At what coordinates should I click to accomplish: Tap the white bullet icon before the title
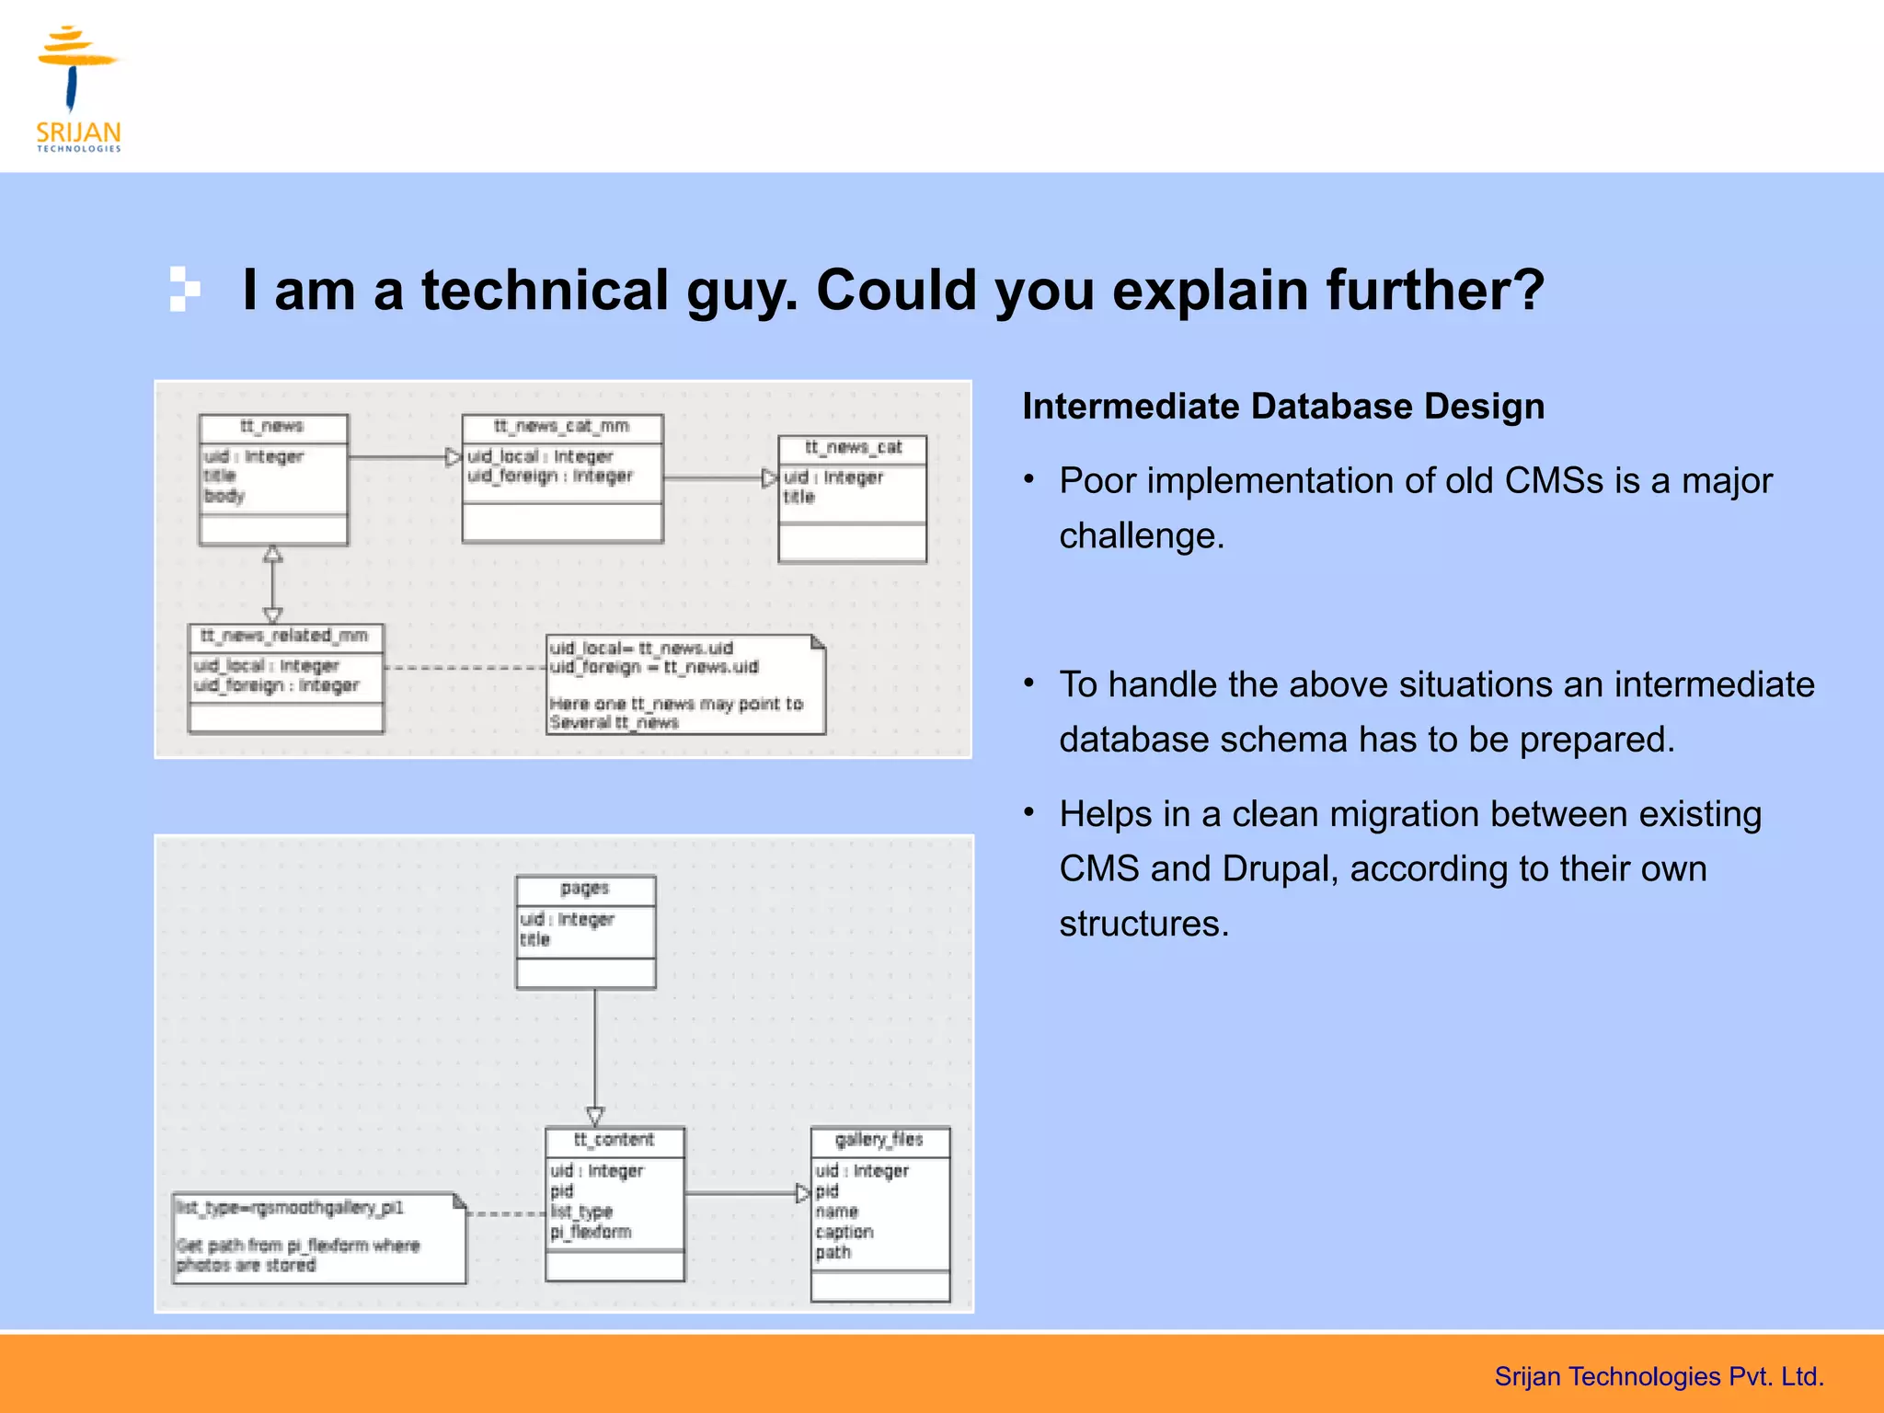(184, 289)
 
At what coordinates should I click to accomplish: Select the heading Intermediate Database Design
(1283, 407)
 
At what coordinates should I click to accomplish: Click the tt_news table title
(272, 427)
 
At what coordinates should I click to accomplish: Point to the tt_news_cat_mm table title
(562, 427)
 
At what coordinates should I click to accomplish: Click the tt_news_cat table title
(853, 448)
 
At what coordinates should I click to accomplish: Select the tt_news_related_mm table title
(284, 637)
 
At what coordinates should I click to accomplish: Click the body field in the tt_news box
(224, 497)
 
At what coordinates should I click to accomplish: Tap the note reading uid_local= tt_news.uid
(641, 649)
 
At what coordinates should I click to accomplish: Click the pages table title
(585, 890)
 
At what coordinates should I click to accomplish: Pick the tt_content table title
(614, 1141)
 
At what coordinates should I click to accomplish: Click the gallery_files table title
(879, 1141)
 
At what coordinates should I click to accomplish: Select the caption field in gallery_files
(844, 1233)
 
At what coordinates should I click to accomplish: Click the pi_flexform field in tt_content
(591, 1233)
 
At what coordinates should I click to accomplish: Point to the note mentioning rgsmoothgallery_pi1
(290, 1208)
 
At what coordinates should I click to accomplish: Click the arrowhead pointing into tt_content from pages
(595, 1117)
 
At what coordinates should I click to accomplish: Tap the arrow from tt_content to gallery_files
(745, 1194)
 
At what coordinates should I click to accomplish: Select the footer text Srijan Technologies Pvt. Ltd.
(1659, 1377)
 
